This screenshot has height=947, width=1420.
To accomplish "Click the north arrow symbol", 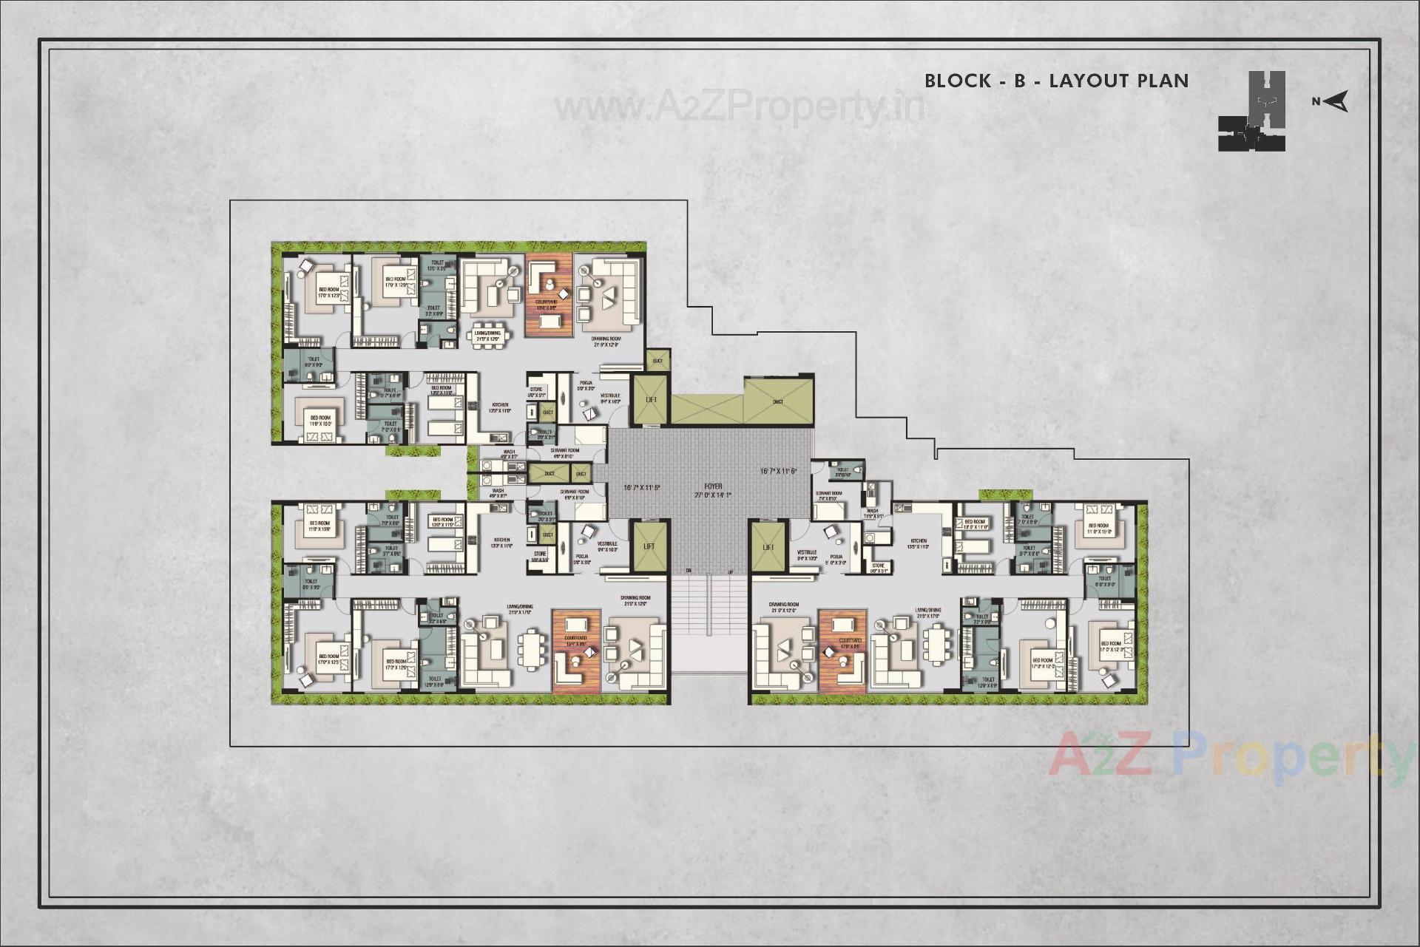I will coord(1338,101).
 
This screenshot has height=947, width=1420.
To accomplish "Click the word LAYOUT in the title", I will coord(1092,81).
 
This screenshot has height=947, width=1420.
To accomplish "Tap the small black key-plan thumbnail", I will coord(1251,112).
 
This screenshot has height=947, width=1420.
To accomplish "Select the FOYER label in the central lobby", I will coord(713,486).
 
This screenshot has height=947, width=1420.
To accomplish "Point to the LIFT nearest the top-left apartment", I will coord(650,400).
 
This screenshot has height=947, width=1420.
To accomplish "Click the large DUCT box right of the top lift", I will coord(778,401).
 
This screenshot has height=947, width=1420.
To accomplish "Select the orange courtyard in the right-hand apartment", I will coord(842,651).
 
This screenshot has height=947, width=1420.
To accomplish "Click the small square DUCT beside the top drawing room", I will coord(657,361).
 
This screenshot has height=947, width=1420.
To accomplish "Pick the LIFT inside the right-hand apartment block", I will coord(768,547).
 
